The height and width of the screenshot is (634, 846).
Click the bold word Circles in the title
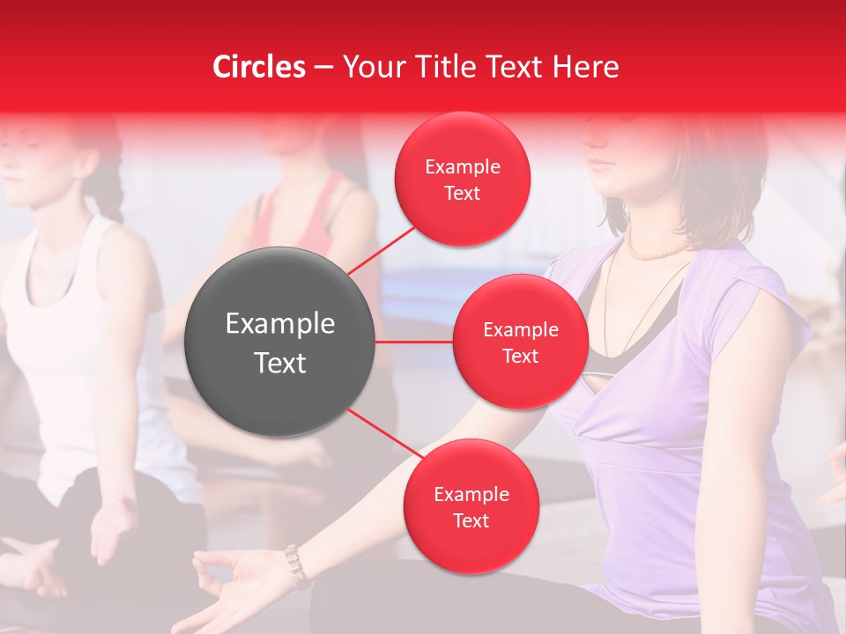(x=259, y=67)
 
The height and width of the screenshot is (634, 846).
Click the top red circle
(x=462, y=180)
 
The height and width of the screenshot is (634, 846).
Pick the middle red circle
(x=520, y=342)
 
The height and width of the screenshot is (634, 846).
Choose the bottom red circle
(x=471, y=507)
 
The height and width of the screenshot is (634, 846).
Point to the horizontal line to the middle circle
(x=414, y=342)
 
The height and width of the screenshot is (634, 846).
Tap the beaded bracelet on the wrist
(x=296, y=565)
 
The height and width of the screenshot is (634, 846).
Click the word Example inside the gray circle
(x=280, y=324)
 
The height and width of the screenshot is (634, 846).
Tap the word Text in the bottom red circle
(x=471, y=521)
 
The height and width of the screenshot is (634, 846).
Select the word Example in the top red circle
(x=462, y=167)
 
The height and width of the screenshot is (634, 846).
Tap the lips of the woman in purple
(x=602, y=162)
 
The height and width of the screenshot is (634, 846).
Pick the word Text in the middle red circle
(x=520, y=356)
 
